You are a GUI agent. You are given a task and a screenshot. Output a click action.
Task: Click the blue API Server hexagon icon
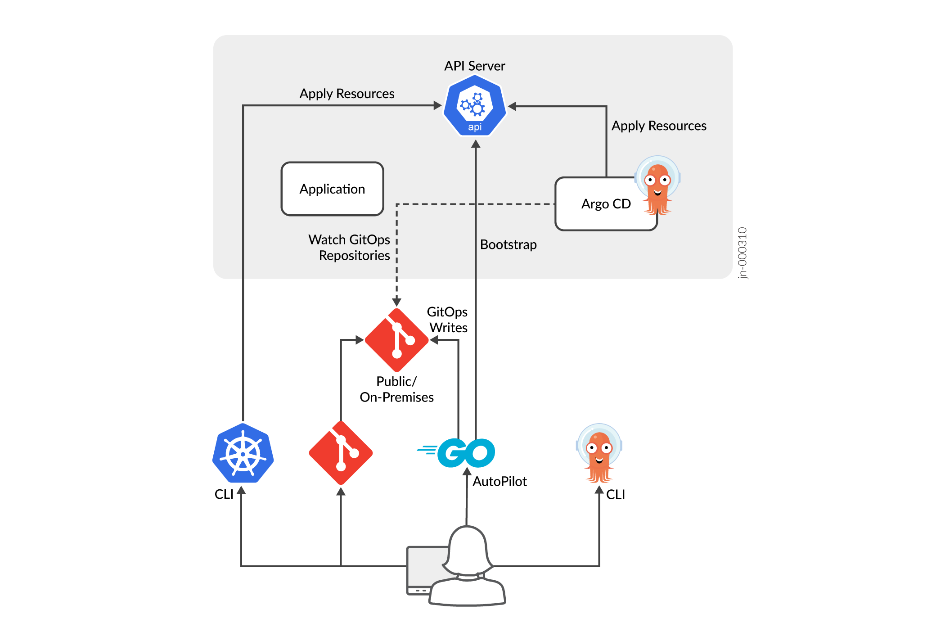coord(475,106)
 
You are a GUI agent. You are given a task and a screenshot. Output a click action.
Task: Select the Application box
coord(332,189)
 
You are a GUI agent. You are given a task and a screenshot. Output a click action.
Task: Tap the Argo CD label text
coord(606,204)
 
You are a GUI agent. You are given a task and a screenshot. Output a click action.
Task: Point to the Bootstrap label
coord(508,244)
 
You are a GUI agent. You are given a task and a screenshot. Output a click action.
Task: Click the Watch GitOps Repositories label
coord(350,247)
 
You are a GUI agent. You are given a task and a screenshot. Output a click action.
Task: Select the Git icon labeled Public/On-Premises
coord(396,340)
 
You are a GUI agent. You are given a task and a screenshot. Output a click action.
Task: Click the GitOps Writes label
coord(447,320)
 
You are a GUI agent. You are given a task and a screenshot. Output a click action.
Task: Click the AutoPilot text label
coord(499,482)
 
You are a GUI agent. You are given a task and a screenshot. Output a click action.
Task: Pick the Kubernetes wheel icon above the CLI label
coord(243,453)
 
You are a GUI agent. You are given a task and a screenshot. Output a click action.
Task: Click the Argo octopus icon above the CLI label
coord(599,452)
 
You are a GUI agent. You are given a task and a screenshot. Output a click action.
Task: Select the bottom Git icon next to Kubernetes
coord(341,453)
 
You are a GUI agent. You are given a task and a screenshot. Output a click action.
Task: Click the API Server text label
coord(474,66)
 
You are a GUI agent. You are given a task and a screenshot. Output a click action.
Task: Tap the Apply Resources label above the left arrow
coord(346,94)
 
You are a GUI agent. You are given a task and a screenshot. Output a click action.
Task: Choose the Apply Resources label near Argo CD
coord(659,126)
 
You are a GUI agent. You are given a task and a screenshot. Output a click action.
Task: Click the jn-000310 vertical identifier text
coord(742,253)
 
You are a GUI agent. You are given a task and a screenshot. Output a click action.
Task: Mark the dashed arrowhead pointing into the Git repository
coord(396,302)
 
